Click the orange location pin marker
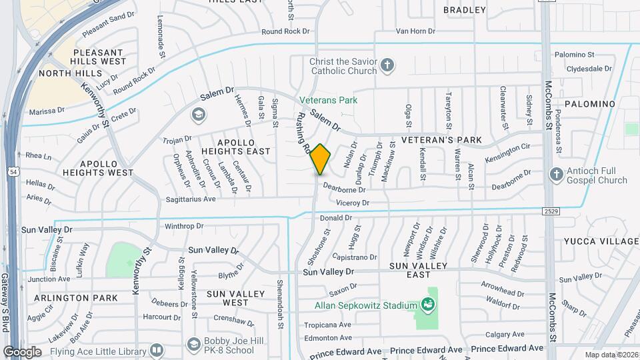click(x=321, y=159)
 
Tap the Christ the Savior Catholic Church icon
click(x=387, y=66)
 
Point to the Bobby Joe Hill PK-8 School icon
click(x=193, y=345)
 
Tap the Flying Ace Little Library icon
click(x=157, y=349)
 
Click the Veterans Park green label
click(x=328, y=100)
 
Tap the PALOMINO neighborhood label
click(x=589, y=104)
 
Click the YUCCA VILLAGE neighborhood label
click(x=601, y=241)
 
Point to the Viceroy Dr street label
click(x=353, y=203)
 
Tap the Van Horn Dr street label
click(x=415, y=31)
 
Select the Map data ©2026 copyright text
click(x=611, y=355)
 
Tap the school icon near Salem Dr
click(x=197, y=115)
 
